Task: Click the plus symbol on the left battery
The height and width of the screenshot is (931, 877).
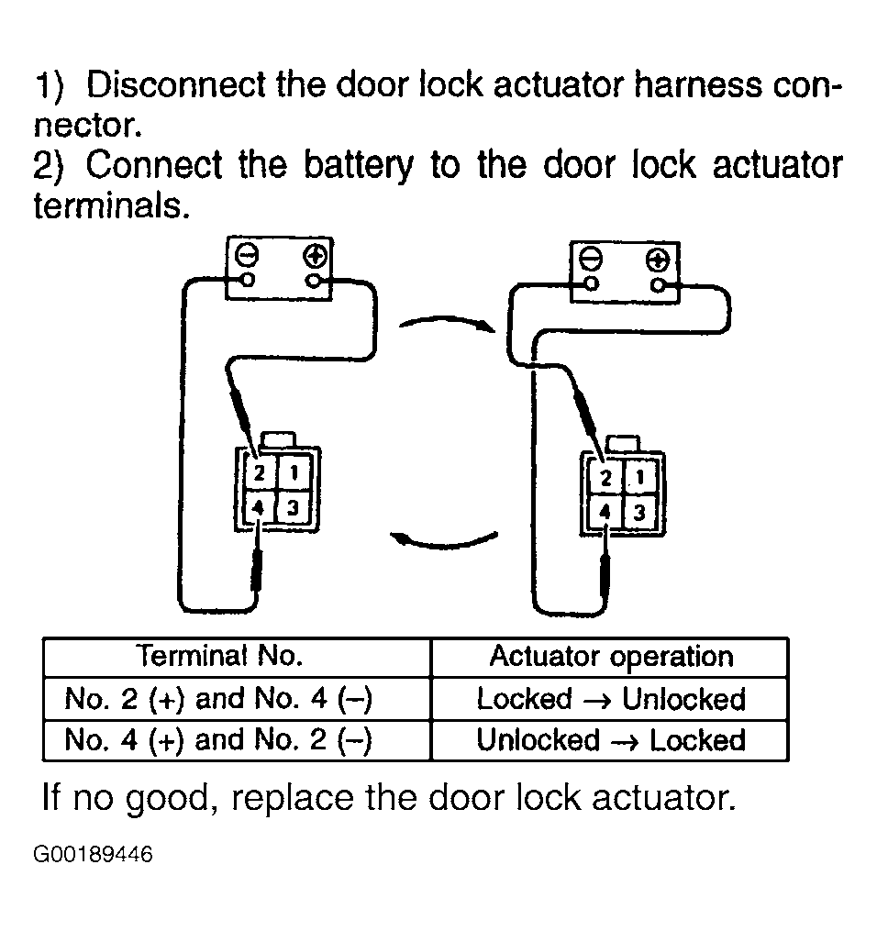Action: pyautogui.click(x=315, y=257)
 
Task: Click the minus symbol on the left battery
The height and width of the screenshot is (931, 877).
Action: pyautogui.click(x=247, y=256)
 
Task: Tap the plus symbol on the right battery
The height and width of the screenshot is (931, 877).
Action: pyautogui.click(x=658, y=260)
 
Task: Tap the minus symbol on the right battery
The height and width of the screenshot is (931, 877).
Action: pyautogui.click(x=590, y=260)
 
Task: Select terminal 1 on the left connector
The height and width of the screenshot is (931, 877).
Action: pyautogui.click(x=294, y=472)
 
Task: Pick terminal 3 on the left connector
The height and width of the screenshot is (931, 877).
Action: pyautogui.click(x=293, y=507)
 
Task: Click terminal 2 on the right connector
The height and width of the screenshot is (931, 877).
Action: pyautogui.click(x=605, y=478)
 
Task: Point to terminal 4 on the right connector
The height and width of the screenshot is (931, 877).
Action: pyautogui.click(x=605, y=512)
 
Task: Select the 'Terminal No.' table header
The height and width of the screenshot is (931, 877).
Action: pyautogui.click(x=219, y=656)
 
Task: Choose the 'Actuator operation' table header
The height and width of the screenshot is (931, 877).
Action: pyautogui.click(x=612, y=657)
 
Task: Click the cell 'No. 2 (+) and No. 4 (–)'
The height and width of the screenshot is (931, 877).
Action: pyautogui.click(x=218, y=698)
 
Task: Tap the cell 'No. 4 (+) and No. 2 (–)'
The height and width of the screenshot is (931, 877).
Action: pyautogui.click(x=218, y=740)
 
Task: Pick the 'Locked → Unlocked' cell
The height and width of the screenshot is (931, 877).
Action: pyautogui.click(x=611, y=699)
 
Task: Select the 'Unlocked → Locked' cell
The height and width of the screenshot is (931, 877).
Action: pyautogui.click(x=611, y=740)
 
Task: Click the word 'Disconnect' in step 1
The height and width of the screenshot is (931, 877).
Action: pyautogui.click(x=176, y=84)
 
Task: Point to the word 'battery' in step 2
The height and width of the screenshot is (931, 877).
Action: pyautogui.click(x=359, y=166)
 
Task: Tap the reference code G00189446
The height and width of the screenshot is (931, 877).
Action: pyautogui.click(x=93, y=854)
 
